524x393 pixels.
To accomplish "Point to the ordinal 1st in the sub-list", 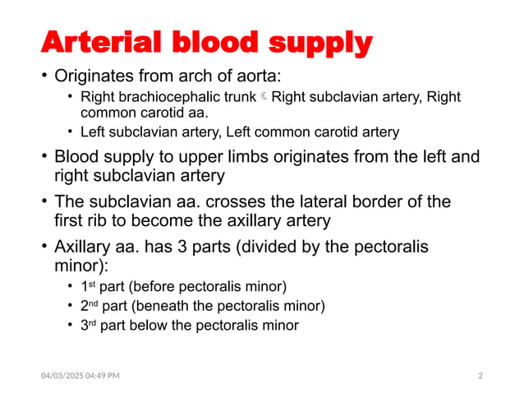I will pos(87,287).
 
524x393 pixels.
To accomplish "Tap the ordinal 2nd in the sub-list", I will pos(89,306).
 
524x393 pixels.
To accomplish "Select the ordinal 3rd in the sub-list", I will pos(88,325).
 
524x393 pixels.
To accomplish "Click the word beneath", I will pos(160,307).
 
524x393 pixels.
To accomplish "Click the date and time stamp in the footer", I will pos(80,376).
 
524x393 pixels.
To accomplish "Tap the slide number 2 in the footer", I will pos(480,376).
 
